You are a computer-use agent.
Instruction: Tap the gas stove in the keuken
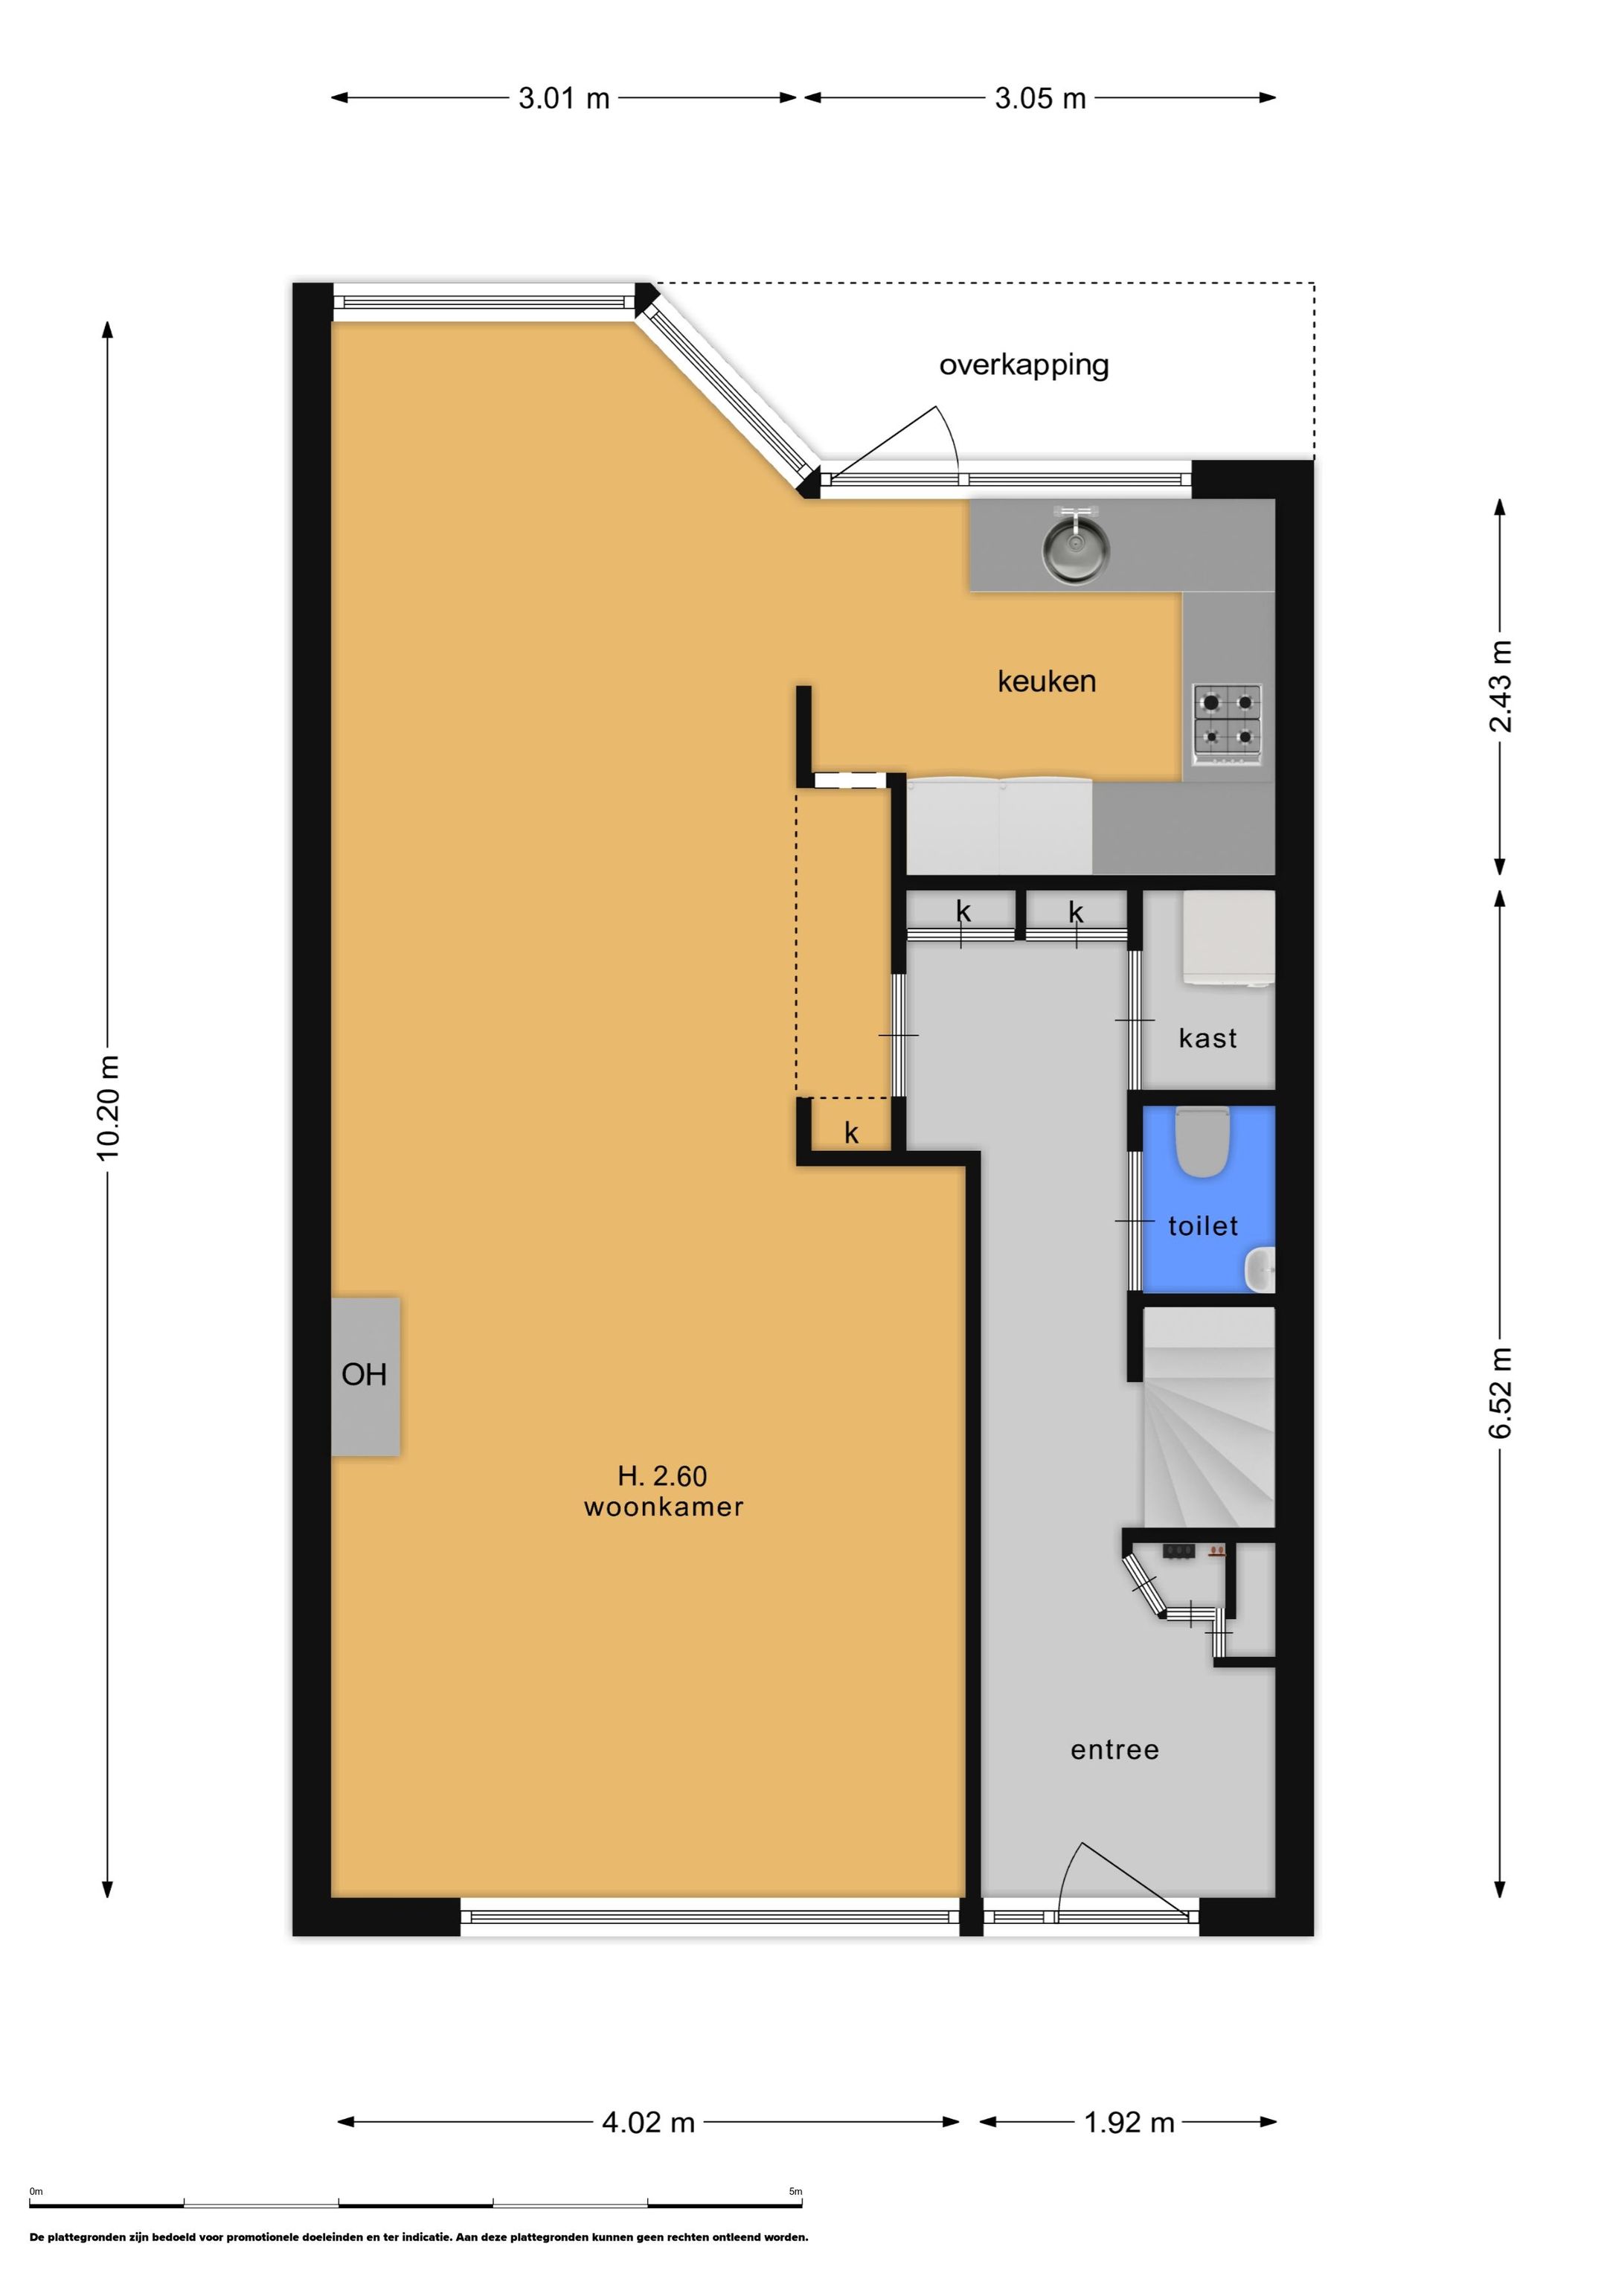click(1228, 724)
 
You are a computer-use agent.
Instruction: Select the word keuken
click(1047, 681)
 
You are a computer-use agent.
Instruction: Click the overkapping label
click(1024, 365)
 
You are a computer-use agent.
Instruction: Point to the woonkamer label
click(664, 1507)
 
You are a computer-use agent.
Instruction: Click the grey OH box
click(365, 1376)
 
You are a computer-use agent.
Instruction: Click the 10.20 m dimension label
click(108, 1108)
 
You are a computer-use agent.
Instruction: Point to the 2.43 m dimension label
click(1501, 686)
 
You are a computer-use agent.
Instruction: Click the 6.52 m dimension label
click(1501, 1393)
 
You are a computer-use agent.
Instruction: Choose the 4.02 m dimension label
click(649, 2123)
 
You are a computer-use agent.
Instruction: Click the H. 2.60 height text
click(662, 1476)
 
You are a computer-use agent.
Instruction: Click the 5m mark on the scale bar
click(795, 2192)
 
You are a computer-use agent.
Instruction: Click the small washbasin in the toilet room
click(1260, 1270)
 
